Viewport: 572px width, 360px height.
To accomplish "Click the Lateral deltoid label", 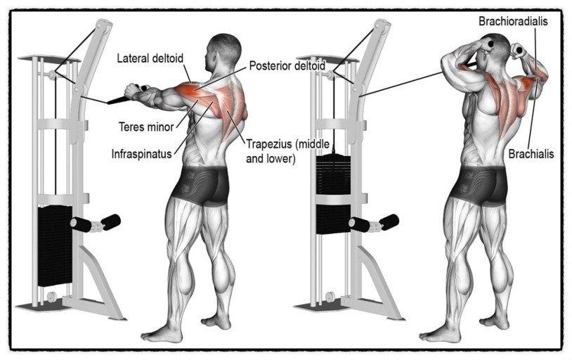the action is point(150,58).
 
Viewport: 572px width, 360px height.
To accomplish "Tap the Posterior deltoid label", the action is point(287,65).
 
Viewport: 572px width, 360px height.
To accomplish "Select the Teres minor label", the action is point(146,127).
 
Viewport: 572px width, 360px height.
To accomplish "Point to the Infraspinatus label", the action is point(141,154).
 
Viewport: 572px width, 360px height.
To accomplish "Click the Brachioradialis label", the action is point(513,21).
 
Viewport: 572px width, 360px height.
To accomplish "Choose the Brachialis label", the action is point(531,154).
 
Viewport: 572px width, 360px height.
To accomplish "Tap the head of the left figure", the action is point(223,53).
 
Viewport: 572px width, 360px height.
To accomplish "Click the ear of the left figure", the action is point(214,58).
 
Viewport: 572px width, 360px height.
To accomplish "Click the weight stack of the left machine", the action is point(55,245).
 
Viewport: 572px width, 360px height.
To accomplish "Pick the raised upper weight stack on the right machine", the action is point(333,174).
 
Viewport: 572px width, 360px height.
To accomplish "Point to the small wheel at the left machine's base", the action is point(51,296).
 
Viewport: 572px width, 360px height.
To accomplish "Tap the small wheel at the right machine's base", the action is point(330,297).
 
